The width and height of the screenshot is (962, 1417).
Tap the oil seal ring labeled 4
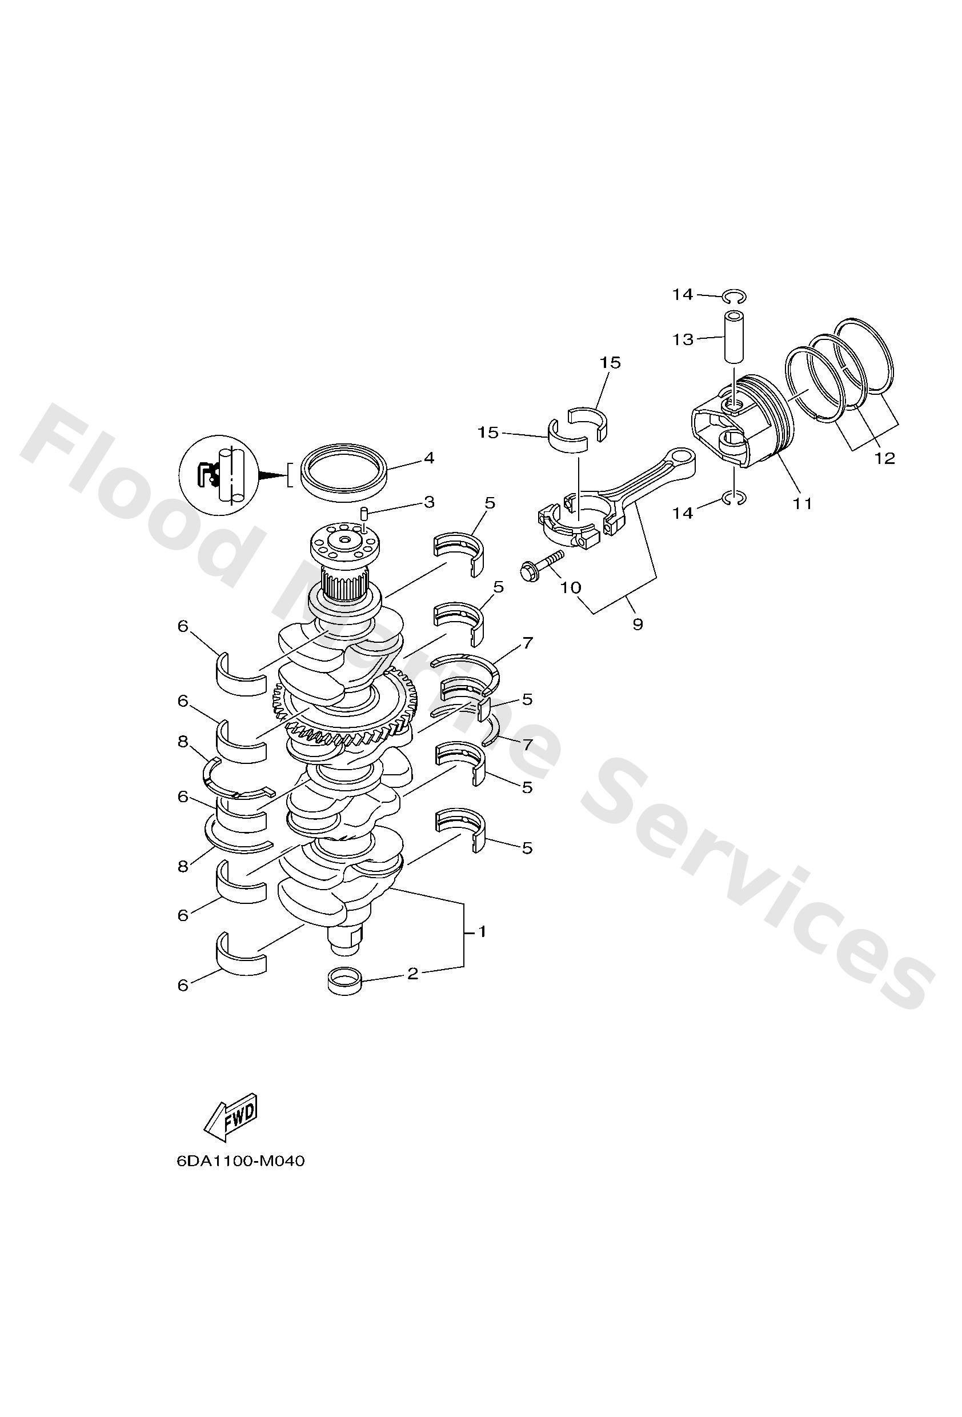click(344, 473)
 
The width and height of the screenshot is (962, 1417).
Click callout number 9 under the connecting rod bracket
click(638, 625)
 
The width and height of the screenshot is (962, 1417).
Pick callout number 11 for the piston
click(802, 503)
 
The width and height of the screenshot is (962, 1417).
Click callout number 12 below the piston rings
click(884, 458)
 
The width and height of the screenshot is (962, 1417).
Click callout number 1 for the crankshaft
click(482, 932)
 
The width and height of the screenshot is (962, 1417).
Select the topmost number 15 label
click(610, 363)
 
